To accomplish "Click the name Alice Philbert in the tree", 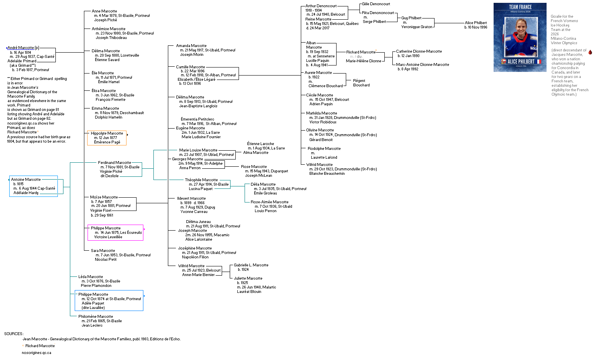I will pyautogui.click(x=476, y=23).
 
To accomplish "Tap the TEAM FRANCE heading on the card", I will pyautogui.click(x=520, y=7).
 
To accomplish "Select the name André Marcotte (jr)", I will pyautogui.click(x=23, y=48).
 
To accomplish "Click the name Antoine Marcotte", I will pyautogui.click(x=26, y=180).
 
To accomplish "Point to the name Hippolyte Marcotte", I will pyautogui.click(x=107, y=133).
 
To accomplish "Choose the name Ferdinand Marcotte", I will pyautogui.click(x=114, y=163).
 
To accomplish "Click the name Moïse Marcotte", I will pyautogui.click(x=104, y=197).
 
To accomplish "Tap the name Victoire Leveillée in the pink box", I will pyautogui.click(x=108, y=237).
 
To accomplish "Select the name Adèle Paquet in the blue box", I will pyautogui.click(x=93, y=303).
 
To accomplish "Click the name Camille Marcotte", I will pyautogui.click(x=190, y=67).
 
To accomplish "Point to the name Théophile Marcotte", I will pyautogui.click(x=201, y=180).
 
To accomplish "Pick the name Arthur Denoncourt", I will pyautogui.click(x=321, y=6).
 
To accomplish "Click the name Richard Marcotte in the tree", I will pyautogui.click(x=361, y=52).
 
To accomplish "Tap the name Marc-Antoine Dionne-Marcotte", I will pyautogui.click(x=423, y=65).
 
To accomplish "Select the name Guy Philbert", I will pyautogui.click(x=411, y=18).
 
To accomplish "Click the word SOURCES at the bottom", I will pyautogui.click(x=14, y=334).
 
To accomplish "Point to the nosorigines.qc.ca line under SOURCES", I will pyautogui.click(x=37, y=353).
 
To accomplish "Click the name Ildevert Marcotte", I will pyautogui.click(x=192, y=198).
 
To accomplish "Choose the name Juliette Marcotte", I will pyautogui.click(x=248, y=278).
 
